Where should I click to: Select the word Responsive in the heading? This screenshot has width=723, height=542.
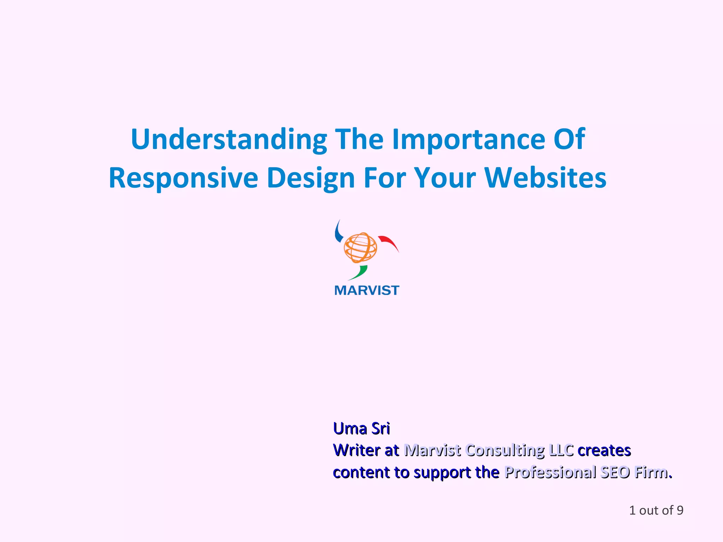(x=183, y=178)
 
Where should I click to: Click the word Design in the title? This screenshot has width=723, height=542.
(x=311, y=178)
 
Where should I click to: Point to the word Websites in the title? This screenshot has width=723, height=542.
(x=545, y=178)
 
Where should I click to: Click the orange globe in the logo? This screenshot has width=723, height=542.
(x=360, y=247)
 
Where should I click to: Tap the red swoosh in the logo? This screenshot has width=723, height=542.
(x=388, y=242)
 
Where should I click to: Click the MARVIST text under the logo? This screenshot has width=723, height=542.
(x=366, y=290)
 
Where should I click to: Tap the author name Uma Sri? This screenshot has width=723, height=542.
(x=361, y=429)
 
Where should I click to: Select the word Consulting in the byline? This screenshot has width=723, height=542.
(x=505, y=451)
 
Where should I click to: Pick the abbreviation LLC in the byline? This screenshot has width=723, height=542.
(x=561, y=451)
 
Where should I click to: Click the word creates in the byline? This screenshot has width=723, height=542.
(x=604, y=451)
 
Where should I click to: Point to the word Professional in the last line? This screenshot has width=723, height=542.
(x=550, y=472)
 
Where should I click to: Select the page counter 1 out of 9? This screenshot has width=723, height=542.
(x=656, y=510)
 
